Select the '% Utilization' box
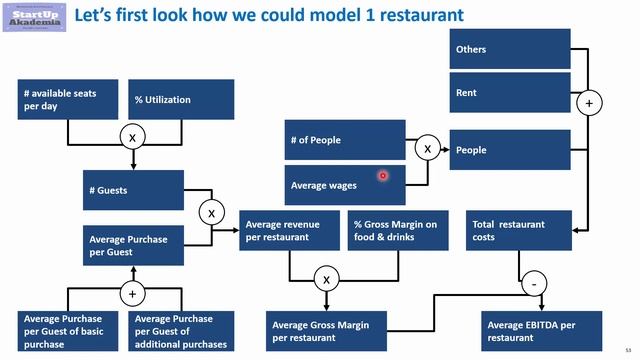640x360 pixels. coord(183,99)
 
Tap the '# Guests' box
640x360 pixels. coord(134,190)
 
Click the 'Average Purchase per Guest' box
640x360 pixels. coord(134,245)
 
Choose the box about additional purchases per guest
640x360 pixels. coord(183,330)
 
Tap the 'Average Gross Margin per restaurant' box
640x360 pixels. coord(327,330)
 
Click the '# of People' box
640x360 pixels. coord(344,140)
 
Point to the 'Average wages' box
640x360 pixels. coord(344,185)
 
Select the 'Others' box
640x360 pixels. coord(509,49)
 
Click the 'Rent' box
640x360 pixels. coord(509,93)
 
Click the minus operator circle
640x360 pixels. coord(535,285)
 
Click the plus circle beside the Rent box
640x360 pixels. coord(589,103)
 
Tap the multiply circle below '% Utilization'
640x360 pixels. coord(133,137)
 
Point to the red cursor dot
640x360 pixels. coord(382,176)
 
